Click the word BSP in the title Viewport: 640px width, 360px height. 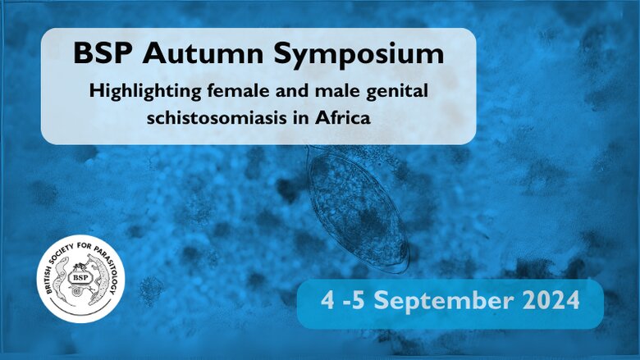pyautogui.click(x=103, y=55)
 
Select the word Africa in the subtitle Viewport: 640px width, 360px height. pyautogui.click(x=341, y=116)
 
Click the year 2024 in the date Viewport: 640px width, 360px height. pyautogui.click(x=542, y=301)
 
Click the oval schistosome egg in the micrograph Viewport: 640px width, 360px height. pyautogui.click(x=357, y=209)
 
